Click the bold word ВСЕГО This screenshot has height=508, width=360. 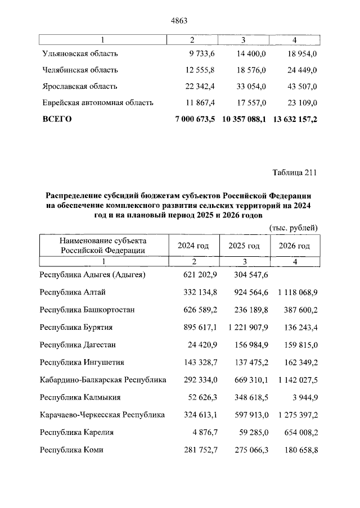coord(57,119)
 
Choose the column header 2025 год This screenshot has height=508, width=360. coord(244,246)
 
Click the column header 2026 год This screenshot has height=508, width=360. coord(295,246)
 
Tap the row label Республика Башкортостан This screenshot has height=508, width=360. coord(87,310)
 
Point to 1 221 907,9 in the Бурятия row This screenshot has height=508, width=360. coord(244,327)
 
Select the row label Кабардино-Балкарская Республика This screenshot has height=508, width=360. coord(103,380)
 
